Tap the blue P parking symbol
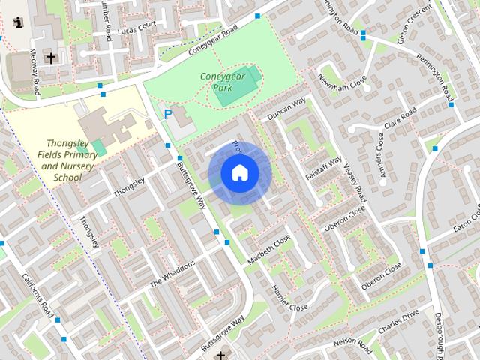point(168,115)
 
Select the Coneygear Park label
point(217,82)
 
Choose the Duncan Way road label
point(288,109)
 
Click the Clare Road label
point(399,119)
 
